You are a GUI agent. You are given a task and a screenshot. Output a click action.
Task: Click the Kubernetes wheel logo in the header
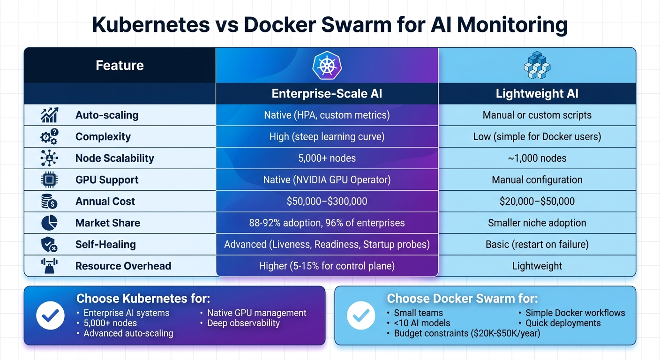pos(327,65)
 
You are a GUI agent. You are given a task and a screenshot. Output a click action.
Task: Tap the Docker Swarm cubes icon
pos(537,65)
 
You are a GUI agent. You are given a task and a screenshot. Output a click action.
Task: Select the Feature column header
pos(120,65)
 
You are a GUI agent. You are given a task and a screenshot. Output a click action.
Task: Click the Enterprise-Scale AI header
pos(327,94)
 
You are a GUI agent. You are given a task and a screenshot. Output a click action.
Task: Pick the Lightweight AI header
pos(537,94)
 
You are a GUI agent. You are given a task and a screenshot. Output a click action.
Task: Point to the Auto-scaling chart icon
pos(49,115)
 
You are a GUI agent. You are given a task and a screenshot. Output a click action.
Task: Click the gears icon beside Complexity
pos(49,137)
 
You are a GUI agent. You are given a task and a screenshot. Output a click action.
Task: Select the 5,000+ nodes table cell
pos(327,158)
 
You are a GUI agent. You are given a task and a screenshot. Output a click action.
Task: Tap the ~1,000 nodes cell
pos(537,158)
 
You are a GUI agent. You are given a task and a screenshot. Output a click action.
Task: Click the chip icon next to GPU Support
pos(49,180)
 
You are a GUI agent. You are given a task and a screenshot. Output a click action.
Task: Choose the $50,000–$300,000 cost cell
pos(327,202)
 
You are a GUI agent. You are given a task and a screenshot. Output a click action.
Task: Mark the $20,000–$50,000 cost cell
pos(537,202)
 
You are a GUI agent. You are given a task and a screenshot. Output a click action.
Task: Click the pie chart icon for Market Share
pos(49,223)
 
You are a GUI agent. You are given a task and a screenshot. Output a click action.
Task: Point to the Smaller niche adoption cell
pos(537,223)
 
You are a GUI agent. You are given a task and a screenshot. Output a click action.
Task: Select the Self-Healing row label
pos(105,245)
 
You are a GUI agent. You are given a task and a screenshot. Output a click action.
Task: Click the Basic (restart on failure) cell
pos(537,245)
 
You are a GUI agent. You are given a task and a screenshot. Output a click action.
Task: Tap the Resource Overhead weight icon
pos(49,266)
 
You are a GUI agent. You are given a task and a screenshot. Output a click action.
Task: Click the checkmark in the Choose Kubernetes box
pos(50,315)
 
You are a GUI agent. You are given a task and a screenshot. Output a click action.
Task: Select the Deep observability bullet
pos(243,323)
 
